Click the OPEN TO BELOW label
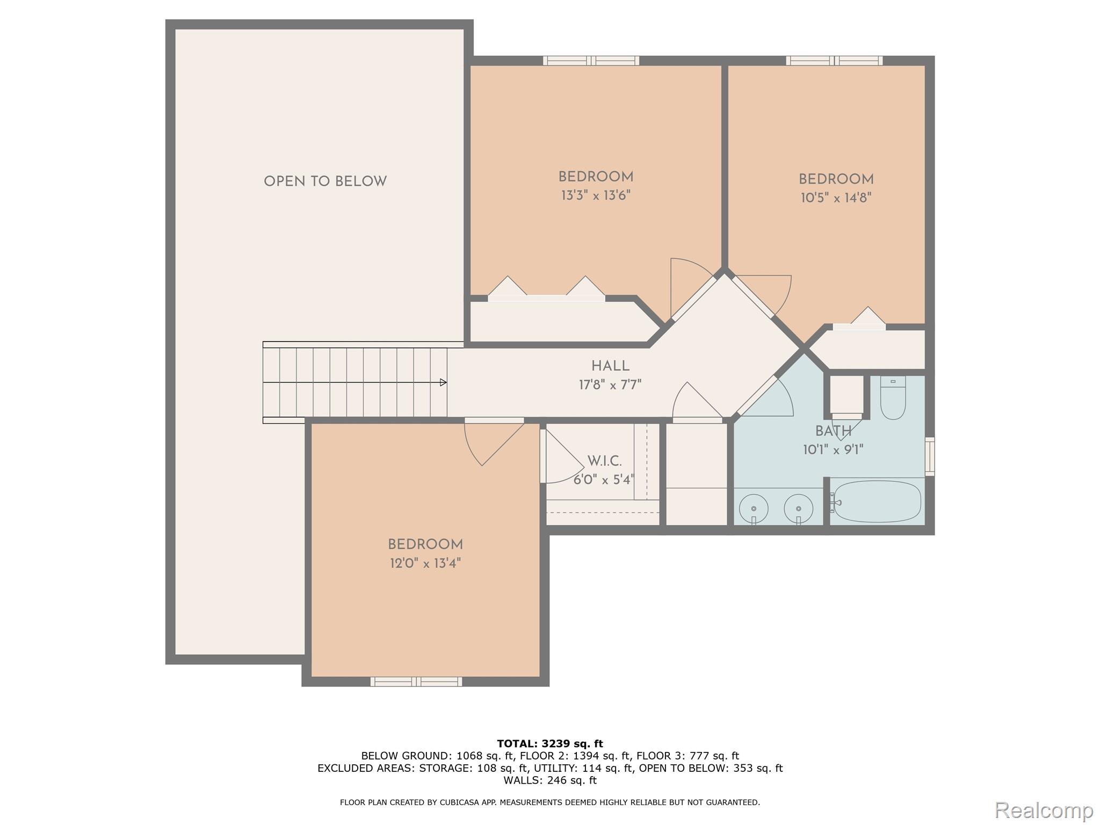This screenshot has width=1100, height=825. (325, 182)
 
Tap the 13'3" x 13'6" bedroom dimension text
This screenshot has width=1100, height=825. (596, 195)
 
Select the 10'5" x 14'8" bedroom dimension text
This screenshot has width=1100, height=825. (836, 198)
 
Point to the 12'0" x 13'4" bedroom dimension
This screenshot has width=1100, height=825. (425, 563)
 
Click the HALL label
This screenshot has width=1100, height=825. (610, 366)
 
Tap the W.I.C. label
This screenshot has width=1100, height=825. (604, 461)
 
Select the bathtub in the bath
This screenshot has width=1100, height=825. (877, 502)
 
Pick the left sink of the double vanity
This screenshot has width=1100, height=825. (754, 508)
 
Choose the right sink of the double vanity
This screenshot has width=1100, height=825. (798, 508)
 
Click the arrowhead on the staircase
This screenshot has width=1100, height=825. (443, 382)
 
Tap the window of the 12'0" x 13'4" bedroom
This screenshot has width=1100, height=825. (416, 682)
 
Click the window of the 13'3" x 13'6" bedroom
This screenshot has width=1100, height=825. (591, 61)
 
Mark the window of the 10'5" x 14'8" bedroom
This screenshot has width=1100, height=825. (834, 61)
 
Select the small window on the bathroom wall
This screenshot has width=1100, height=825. (930, 457)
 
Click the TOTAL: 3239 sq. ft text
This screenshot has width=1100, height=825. (550, 744)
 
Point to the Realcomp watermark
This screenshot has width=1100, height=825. (1044, 810)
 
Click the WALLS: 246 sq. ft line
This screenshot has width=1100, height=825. (550, 780)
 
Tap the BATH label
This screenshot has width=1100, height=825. (833, 431)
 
